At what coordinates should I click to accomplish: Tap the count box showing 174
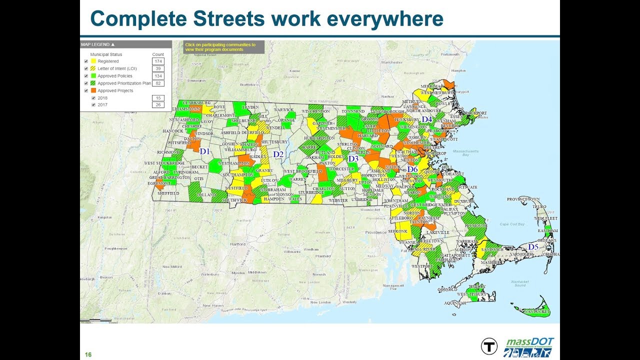tap(158, 61)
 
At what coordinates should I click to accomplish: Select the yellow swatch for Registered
tap(93, 61)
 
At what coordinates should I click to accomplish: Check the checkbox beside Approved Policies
tap(86, 76)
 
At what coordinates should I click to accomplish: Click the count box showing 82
tap(158, 83)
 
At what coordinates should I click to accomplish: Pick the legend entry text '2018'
tap(102, 98)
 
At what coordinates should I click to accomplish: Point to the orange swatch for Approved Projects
tap(93, 91)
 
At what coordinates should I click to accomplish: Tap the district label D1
tap(204, 151)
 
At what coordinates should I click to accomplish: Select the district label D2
tap(278, 154)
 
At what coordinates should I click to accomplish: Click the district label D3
tap(353, 158)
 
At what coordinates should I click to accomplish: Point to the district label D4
tap(426, 119)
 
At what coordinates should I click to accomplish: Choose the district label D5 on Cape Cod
tap(533, 247)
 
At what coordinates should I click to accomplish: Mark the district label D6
tap(412, 169)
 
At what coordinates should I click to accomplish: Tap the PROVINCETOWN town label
tap(525, 199)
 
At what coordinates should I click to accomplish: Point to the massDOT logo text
tap(530, 341)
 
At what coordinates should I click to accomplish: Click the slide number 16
tap(88, 354)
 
